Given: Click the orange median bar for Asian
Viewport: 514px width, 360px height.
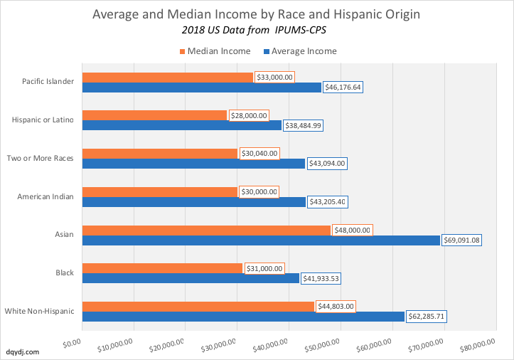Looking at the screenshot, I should pyautogui.click(x=206, y=231).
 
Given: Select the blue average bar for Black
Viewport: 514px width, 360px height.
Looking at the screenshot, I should pyautogui.click(x=191, y=278).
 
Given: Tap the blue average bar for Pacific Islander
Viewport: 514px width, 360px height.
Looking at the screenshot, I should pyautogui.click(x=201, y=87).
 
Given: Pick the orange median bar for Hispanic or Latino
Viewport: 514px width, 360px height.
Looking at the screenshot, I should pyautogui.click(x=154, y=115).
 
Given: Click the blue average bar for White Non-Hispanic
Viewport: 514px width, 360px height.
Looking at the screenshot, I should pyautogui.click(x=243, y=317).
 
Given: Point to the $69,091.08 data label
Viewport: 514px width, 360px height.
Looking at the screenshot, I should pyautogui.click(x=462, y=240).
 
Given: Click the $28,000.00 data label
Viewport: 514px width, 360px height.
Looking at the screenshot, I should pyautogui.click(x=249, y=115).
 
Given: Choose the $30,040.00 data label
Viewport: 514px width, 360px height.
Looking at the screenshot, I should pyautogui.click(x=259, y=154).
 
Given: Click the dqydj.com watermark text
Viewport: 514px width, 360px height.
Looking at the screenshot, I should pyautogui.click(x=23, y=351).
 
